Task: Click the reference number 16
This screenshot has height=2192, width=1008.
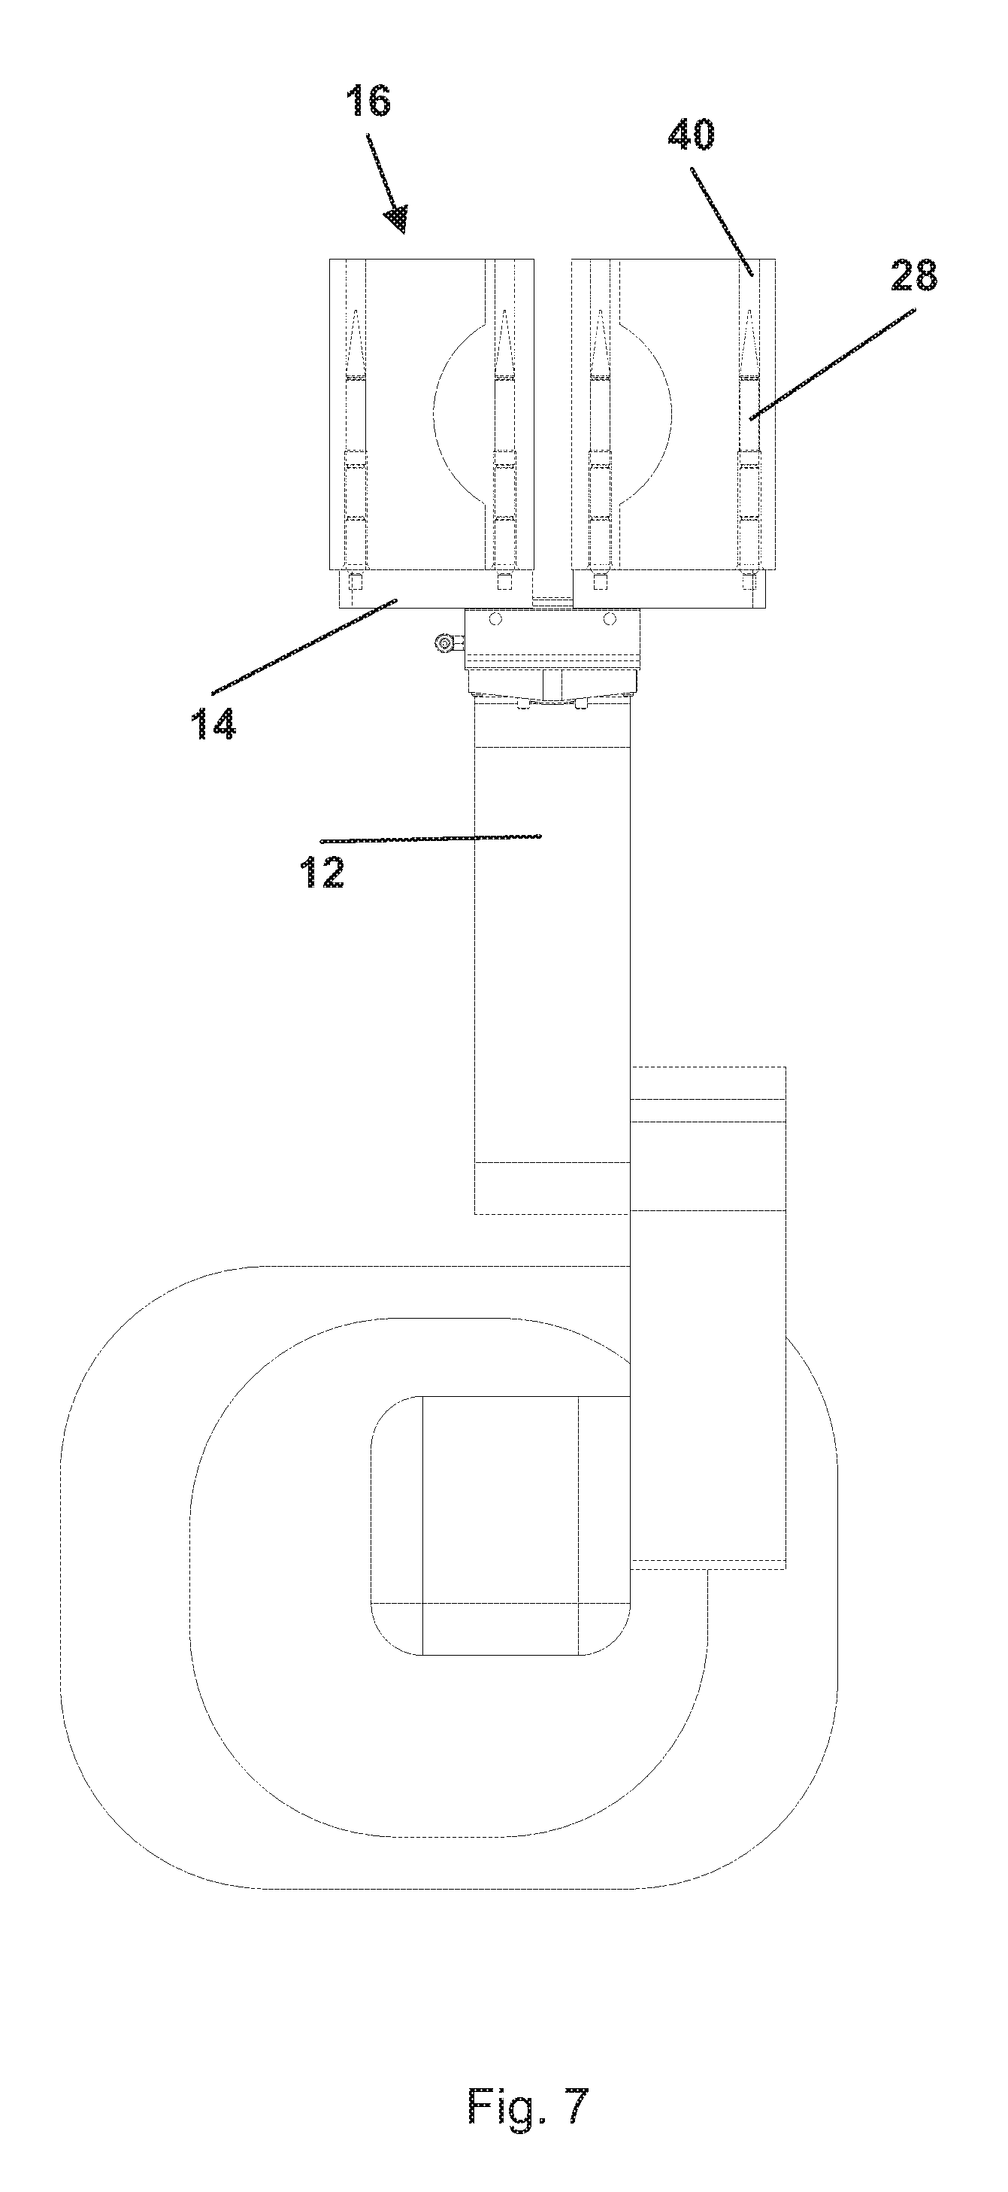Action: tap(368, 102)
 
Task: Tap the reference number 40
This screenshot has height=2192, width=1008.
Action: tap(691, 135)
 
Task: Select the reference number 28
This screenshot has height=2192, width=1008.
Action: tap(913, 276)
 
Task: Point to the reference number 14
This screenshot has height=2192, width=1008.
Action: tap(213, 724)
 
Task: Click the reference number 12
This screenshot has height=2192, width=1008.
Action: tap(322, 872)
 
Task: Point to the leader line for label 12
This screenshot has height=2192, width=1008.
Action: tap(429, 839)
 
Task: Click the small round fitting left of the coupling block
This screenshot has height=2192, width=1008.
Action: tap(443, 644)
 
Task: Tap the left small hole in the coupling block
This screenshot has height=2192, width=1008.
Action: tap(496, 618)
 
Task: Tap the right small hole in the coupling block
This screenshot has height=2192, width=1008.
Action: tap(609, 618)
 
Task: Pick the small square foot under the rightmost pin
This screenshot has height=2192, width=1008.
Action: tap(749, 582)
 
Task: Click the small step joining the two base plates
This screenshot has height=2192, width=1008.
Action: tap(553, 601)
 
